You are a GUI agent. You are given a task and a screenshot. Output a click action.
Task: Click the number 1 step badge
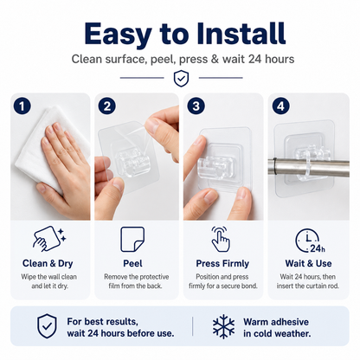click(x=22, y=106)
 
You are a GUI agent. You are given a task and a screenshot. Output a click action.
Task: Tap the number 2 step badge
click(x=107, y=106)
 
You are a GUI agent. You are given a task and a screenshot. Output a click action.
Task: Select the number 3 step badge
click(x=196, y=106)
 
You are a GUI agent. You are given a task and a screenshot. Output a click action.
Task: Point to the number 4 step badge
click(x=281, y=106)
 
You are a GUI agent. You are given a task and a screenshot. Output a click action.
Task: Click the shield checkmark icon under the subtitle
click(x=181, y=78)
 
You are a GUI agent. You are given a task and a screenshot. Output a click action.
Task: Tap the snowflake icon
click(x=223, y=326)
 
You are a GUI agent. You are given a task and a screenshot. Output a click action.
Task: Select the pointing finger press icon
click(x=221, y=239)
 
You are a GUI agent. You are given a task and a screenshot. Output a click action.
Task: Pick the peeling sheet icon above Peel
click(x=132, y=239)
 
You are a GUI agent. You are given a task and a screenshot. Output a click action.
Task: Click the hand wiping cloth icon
click(x=49, y=239)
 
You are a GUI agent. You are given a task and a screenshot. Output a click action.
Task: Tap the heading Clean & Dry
click(x=48, y=263)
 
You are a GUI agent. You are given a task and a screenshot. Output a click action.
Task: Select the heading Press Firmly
click(x=222, y=264)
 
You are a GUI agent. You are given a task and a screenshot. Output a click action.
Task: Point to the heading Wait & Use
click(x=308, y=263)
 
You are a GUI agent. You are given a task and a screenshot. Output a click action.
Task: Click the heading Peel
click(x=132, y=263)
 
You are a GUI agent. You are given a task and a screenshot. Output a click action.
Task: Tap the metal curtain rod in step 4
click(x=309, y=167)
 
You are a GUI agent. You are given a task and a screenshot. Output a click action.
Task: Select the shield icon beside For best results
click(x=47, y=326)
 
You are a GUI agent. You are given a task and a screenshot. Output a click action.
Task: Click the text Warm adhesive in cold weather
click(x=277, y=328)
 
